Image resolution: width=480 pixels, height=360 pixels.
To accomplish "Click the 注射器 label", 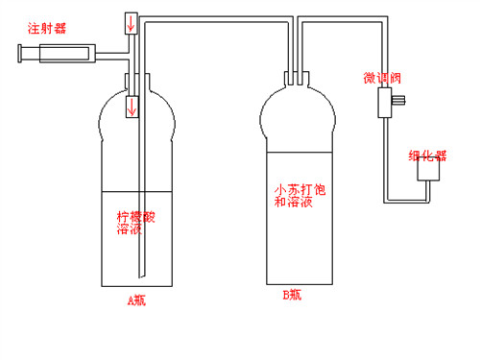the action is coord(47,28).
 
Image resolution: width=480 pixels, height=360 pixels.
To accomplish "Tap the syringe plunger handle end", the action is coord(20,54).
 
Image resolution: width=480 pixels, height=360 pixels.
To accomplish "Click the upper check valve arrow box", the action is coord(132,23).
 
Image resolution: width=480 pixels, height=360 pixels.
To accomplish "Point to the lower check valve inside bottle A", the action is coord(132,107).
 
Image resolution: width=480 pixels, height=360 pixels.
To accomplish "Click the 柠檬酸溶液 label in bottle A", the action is coord(135,223).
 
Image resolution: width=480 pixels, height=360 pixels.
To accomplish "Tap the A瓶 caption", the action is coord(136,300).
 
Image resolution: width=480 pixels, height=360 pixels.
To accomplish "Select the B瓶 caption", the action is coord(292,295).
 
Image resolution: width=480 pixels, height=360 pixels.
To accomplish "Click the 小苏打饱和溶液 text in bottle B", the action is coord(300,196).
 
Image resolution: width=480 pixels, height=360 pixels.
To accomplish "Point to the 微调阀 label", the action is coord(382,78).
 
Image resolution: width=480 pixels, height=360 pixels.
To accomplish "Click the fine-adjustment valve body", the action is coord(385,103).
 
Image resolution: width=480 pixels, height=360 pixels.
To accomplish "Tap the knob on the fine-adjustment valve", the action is coord(398,100).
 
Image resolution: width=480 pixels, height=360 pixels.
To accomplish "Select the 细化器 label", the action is coord(427,156).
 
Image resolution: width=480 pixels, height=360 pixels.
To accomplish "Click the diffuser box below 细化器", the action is coord(428,169).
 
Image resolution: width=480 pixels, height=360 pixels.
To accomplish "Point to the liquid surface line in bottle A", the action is coord(137,192).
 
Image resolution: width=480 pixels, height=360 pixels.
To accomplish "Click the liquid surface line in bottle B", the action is coord(300,153).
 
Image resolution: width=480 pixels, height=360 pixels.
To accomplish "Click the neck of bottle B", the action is coord(297,79).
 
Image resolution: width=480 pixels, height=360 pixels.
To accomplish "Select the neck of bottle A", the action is coord(137,82).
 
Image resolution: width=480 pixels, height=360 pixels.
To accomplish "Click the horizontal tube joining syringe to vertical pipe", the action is coord(112,56).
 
